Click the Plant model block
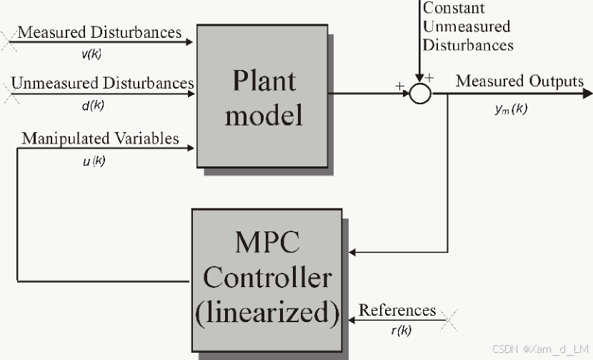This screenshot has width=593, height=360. [262, 96]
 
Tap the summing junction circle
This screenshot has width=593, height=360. [421, 93]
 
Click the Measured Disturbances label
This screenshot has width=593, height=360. [99, 32]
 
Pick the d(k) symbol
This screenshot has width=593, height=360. [93, 106]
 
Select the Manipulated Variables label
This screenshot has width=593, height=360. [100, 138]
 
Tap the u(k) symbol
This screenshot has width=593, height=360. [94, 161]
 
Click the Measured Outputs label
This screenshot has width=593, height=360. [519, 81]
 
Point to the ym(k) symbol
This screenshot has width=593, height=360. [510, 109]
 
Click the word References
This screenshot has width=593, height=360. [397, 310]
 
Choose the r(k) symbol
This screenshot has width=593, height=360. [400, 331]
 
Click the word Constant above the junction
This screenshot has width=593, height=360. [454, 9]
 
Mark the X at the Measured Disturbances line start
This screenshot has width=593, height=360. [9, 42]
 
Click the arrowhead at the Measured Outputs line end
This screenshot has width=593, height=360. [587, 93]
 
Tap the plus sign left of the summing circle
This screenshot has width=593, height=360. [398, 85]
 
